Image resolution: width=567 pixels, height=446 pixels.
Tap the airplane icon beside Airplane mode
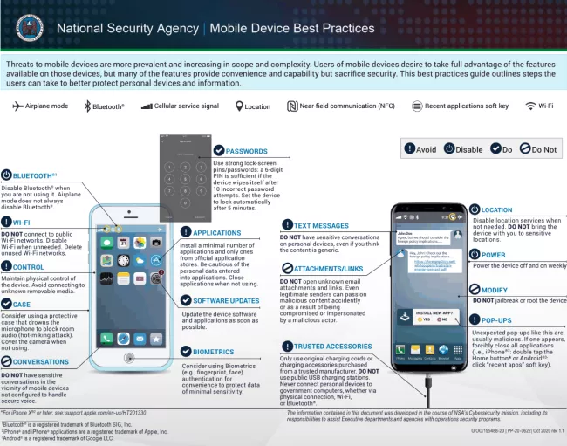(17, 106)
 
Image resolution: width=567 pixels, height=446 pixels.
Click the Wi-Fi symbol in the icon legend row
(530, 106)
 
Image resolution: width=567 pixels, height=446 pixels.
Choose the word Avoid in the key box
(427, 148)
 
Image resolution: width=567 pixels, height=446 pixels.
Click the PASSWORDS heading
(246, 151)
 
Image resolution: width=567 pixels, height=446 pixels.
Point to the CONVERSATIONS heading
(41, 361)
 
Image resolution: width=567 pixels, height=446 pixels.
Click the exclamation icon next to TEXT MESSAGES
(286, 225)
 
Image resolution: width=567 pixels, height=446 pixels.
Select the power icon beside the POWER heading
(475, 255)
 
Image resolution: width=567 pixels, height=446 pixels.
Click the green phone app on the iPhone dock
(106, 338)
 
